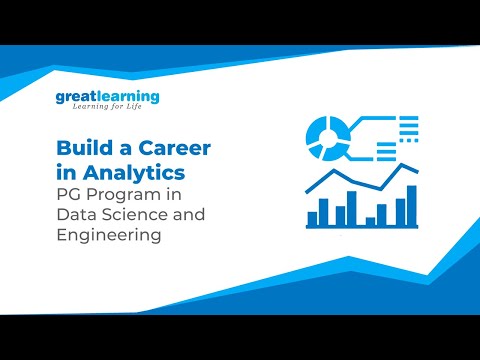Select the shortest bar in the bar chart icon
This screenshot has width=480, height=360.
tap(370, 220)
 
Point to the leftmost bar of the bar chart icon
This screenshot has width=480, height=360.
tap(311, 216)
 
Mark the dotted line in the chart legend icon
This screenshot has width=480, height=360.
tap(407, 127)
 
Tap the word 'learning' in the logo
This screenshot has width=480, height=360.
tap(126, 97)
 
